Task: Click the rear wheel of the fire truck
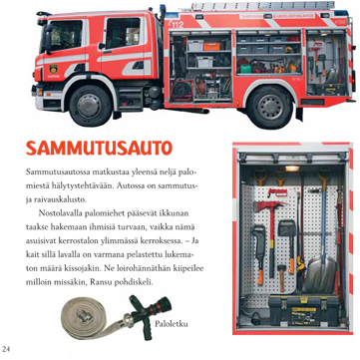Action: pyautogui.click(x=270, y=107)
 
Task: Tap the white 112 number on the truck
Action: pyautogui.click(x=177, y=24)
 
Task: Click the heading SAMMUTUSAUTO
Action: pyautogui.click(x=99, y=149)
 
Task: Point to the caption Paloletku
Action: pyautogui.click(x=171, y=324)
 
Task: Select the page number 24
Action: pyautogui.click(x=6, y=349)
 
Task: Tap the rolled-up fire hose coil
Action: pyautogui.click(x=87, y=315)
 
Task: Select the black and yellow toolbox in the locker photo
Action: pyautogui.click(x=304, y=311)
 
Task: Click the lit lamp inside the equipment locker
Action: pyautogui.click(x=292, y=169)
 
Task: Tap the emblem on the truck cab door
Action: pyautogui.click(x=53, y=69)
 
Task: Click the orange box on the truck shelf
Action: pyautogui.click(x=211, y=46)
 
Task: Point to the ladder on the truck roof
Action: pyautogui.click(x=262, y=6)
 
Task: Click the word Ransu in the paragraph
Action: pyautogui.click(x=118, y=283)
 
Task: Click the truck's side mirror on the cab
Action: pyautogui.click(x=49, y=38)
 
